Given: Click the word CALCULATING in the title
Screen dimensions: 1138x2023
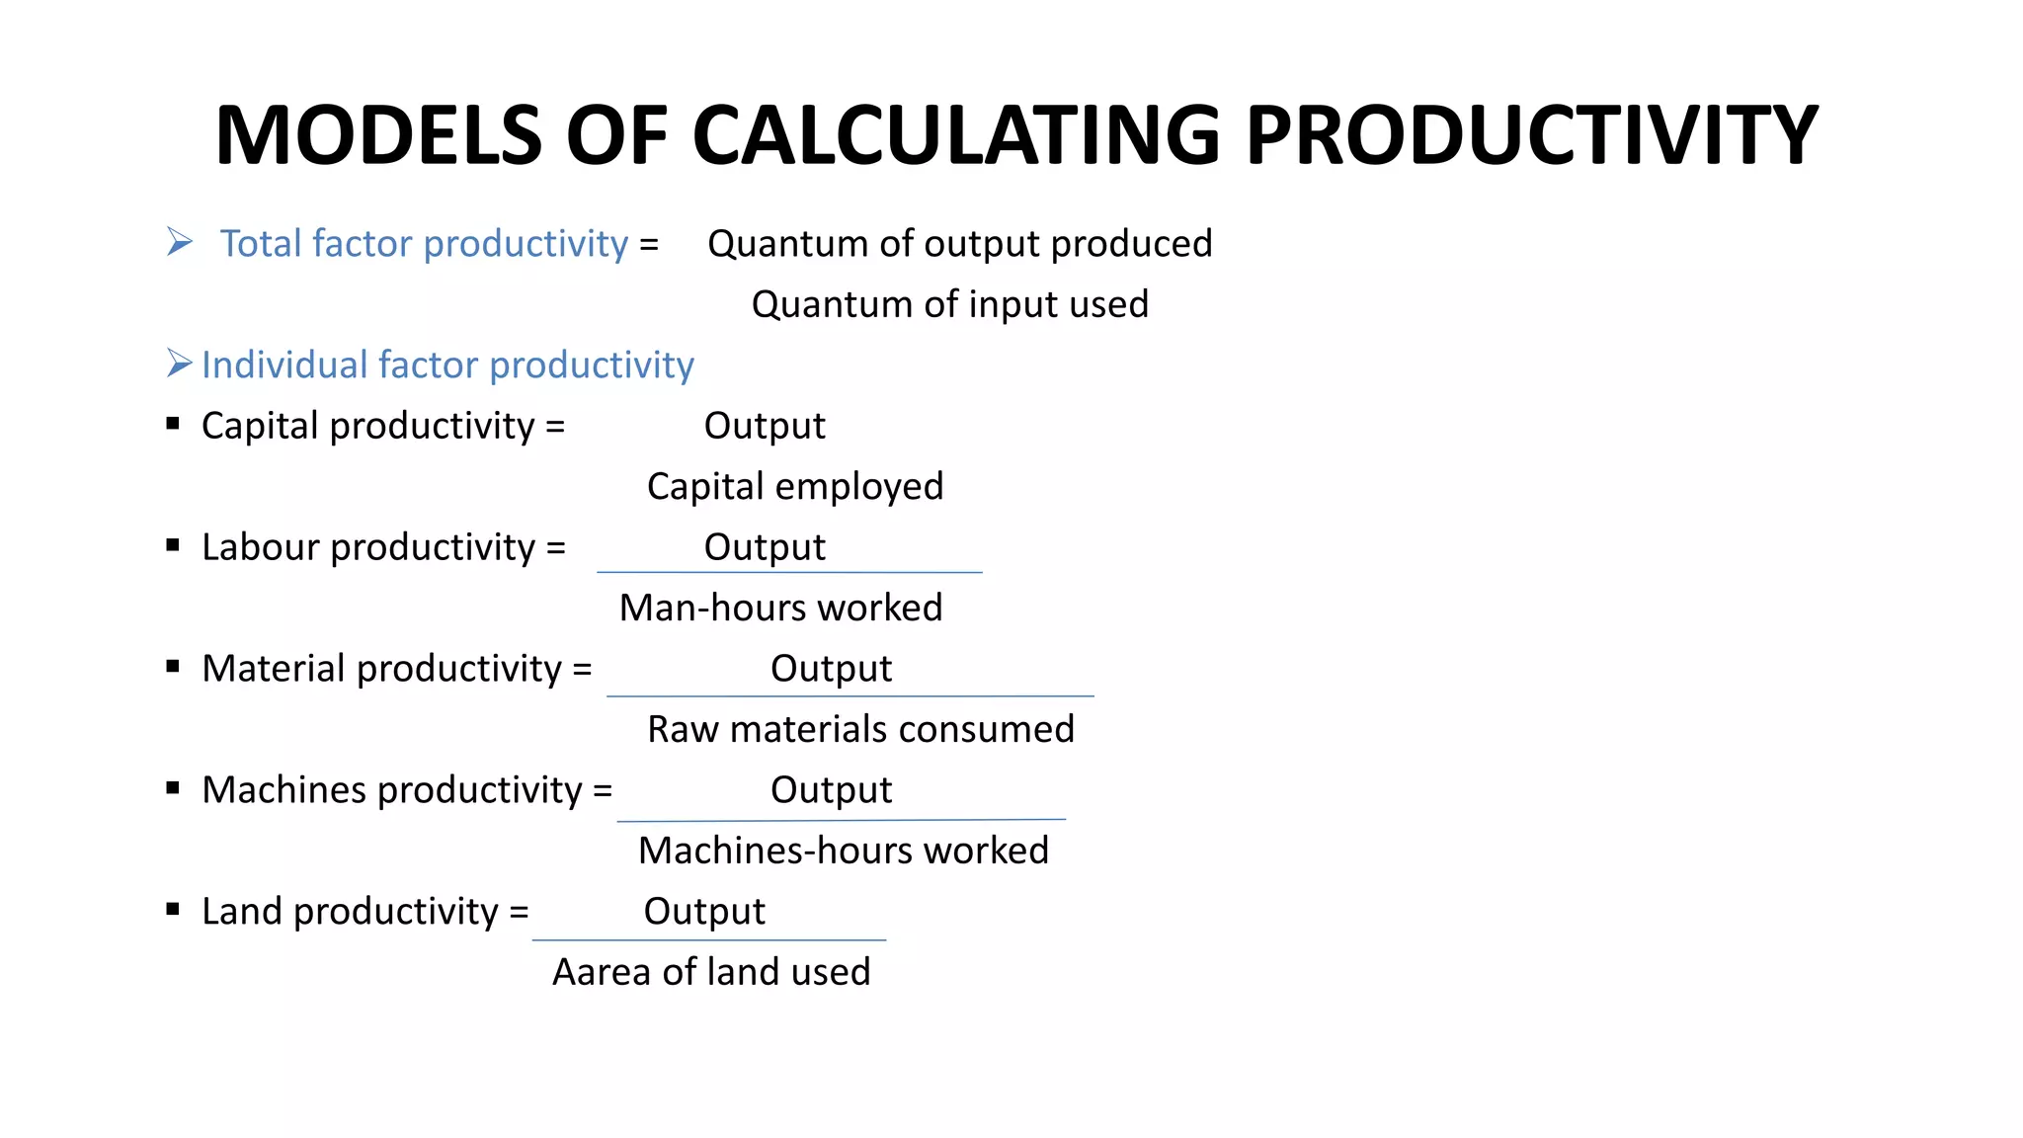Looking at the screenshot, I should [955, 135].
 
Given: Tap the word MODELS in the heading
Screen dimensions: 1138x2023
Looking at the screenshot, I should [378, 135].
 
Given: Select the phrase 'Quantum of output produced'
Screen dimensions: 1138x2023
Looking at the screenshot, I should [959, 244].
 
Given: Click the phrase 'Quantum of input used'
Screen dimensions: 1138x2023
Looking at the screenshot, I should [949, 304].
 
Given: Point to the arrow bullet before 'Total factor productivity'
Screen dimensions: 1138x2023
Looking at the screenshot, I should [179, 242].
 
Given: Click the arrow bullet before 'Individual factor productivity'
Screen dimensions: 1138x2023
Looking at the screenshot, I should [179, 364].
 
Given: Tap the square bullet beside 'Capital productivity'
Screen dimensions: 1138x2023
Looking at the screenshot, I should [173, 424].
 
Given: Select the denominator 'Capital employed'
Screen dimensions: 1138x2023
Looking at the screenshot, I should [794, 486].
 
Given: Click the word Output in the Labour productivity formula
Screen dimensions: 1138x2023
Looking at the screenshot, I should [764, 547].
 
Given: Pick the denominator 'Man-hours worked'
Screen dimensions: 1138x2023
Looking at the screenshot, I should [780, 608].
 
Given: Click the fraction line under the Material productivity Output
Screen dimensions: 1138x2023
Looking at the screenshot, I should [850, 696].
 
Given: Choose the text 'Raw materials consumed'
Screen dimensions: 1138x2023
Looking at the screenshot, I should [860, 729].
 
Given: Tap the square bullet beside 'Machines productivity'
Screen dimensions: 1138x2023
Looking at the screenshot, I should [173, 788].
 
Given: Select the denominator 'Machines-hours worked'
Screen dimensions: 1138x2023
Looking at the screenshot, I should [843, 851].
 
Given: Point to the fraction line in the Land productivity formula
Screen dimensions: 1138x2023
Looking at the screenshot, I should [708, 940].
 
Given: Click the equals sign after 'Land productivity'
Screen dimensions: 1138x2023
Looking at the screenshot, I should [519, 912].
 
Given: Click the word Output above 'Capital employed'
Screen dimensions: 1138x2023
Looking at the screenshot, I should [764, 426].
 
